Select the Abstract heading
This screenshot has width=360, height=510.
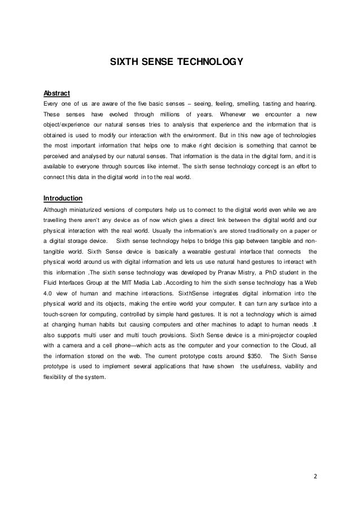pyautogui.click(x=56, y=93)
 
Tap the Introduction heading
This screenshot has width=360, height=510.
pyautogui.click(x=63, y=198)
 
